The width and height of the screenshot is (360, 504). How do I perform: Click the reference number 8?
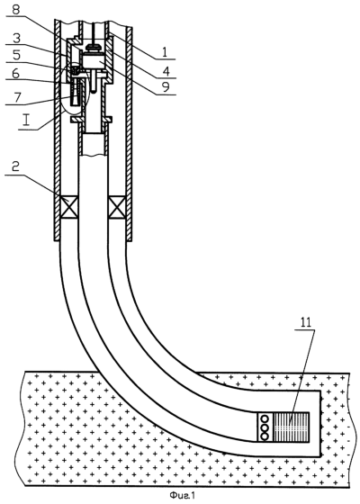(15, 9)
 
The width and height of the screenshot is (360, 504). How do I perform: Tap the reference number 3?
(16, 38)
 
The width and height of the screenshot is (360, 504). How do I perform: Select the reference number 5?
(16, 55)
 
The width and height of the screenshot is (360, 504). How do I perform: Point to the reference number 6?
(15, 74)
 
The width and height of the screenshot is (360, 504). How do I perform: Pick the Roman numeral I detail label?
(27, 121)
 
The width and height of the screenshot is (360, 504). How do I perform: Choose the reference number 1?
(165, 51)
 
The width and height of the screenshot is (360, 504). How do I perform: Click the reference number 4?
(166, 70)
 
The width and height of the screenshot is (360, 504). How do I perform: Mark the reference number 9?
(166, 86)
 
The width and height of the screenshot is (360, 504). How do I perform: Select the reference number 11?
(306, 322)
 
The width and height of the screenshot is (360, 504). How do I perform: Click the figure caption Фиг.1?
(183, 495)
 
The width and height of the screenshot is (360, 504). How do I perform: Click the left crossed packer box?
(69, 206)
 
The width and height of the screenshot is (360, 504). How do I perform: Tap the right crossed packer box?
(117, 206)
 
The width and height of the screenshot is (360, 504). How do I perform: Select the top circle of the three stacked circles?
(265, 419)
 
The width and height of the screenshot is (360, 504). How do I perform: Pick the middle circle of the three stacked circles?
(265, 427)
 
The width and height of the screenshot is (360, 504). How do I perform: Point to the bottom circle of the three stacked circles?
(265, 436)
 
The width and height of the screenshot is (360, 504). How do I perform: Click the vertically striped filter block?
(291, 427)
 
